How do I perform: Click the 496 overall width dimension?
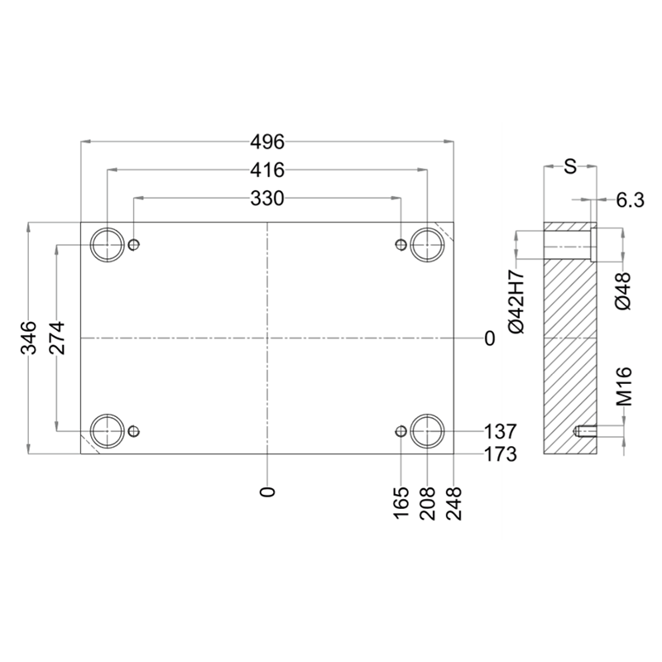pos(267,142)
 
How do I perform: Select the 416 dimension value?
pos(267,170)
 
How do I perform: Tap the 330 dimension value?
pos(267,198)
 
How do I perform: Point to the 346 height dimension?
pos(29,338)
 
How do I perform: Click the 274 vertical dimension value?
pos(56,338)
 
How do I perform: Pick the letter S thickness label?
pos(570,166)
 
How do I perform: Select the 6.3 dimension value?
pos(630,200)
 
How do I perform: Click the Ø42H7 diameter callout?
pos(516,301)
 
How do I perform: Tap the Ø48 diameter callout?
pos(623,291)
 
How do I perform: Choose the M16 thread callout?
pos(624,386)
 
